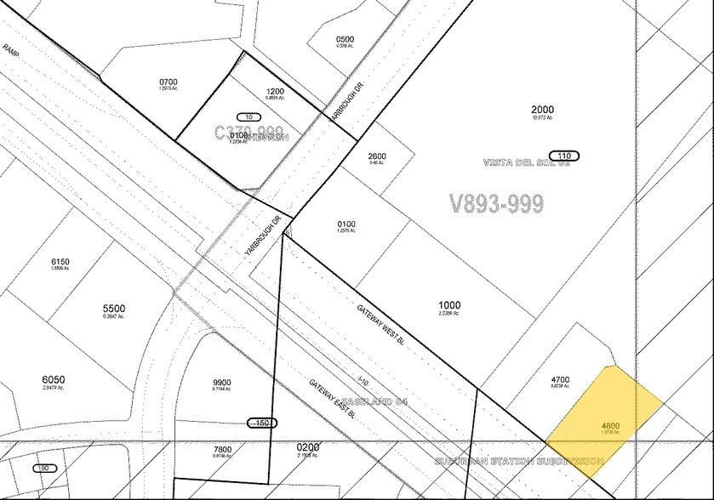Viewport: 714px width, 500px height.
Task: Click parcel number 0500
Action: point(345,39)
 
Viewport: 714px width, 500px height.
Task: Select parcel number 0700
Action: point(191,82)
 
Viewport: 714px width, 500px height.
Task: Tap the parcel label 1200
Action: point(276,91)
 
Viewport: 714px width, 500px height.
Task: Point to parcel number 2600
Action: point(377,156)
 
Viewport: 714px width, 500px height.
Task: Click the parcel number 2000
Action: point(542,110)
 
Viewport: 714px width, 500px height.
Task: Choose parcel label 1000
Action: point(449,305)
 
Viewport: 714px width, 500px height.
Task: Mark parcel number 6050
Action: point(53,379)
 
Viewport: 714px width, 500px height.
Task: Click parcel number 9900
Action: point(222,383)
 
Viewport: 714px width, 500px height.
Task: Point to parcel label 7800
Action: point(222,449)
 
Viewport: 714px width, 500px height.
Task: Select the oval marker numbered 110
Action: point(563,156)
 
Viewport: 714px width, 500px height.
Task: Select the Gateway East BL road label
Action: point(332,401)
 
